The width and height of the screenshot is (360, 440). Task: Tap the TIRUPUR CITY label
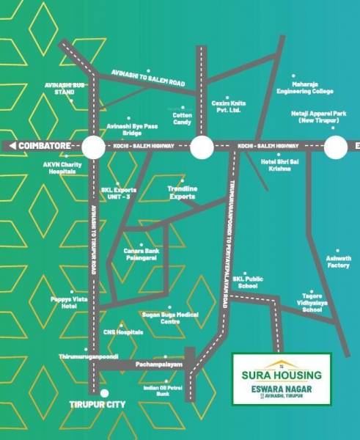click(x=97, y=404)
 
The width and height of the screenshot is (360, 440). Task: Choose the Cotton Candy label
click(x=182, y=117)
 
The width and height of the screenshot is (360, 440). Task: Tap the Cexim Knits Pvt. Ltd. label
click(x=228, y=107)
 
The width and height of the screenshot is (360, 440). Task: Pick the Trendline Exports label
click(x=181, y=194)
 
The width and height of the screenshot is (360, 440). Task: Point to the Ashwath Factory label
click(x=338, y=262)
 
